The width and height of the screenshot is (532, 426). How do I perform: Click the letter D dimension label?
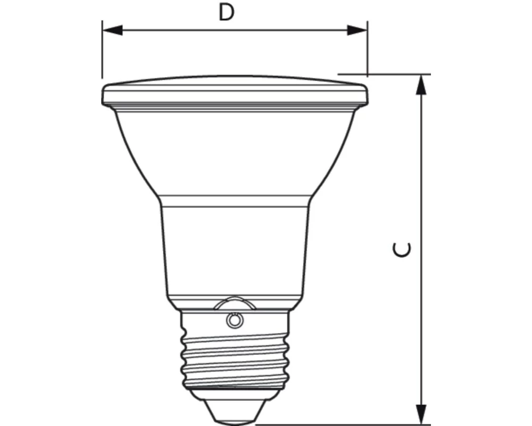(227, 13)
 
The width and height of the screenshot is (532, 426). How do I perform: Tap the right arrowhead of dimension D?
(357, 30)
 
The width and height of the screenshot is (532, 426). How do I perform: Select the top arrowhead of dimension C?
(421, 84)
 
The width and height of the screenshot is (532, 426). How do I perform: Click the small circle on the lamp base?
(233, 319)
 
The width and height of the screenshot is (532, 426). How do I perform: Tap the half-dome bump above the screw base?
(234, 303)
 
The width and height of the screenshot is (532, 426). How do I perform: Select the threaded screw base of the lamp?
(234, 351)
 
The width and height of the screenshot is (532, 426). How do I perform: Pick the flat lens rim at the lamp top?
(234, 94)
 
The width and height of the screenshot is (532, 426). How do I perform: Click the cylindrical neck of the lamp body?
(234, 250)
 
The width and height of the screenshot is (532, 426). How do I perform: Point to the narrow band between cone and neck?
(234, 200)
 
